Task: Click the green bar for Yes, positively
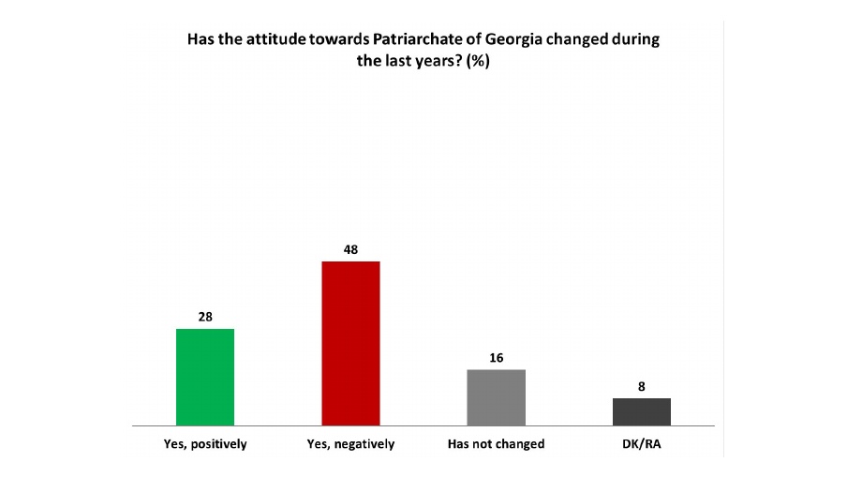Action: (205, 377)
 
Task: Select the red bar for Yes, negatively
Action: (350, 343)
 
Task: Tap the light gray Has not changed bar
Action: (496, 397)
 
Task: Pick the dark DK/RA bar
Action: (641, 411)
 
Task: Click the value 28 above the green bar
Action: (205, 317)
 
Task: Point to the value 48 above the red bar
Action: (350, 249)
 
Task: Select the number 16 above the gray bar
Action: (496, 358)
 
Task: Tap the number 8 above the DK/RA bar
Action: (641, 386)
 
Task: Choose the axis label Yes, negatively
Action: (350, 444)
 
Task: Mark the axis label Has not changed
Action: (496, 444)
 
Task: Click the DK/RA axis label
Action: (641, 444)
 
